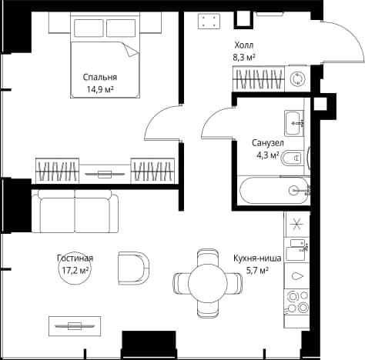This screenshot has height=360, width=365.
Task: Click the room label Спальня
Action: pos(100,78)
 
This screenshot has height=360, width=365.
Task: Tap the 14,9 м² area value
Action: pos(100,89)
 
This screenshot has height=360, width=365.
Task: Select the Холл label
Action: pos(244,45)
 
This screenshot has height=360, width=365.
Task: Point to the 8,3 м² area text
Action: pos(244,58)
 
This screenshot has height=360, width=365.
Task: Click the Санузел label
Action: pos(268,143)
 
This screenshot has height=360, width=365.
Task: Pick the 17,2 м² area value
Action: pos(75,270)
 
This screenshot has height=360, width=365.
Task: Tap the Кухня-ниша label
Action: pos(257,258)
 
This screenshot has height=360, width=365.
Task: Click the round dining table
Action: pos(208,283)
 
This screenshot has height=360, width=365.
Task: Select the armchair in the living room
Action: pos(134,268)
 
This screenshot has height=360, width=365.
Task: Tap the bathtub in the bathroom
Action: pos(275,191)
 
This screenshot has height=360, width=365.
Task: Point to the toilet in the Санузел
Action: pos(293,158)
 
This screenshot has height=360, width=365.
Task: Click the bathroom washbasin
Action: pos(294,123)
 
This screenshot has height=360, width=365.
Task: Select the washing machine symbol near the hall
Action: pos(297,78)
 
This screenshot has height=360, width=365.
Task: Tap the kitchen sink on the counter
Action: pos(296,250)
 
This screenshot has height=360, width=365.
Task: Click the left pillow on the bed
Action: pos(89,28)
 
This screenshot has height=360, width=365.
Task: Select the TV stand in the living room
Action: pos(75,326)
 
